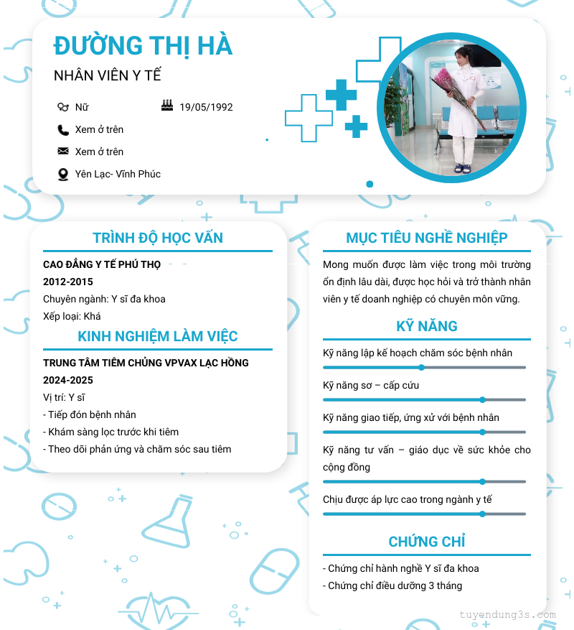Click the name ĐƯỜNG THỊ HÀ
(x=143, y=45)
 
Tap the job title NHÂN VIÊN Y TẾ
(x=107, y=75)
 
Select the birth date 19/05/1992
(x=206, y=107)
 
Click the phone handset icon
(x=63, y=130)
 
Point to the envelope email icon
(x=63, y=152)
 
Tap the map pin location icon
(x=63, y=174)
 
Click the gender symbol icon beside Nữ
(x=63, y=107)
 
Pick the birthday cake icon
(x=167, y=106)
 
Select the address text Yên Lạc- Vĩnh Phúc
(x=118, y=174)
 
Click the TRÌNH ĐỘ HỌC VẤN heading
(x=158, y=238)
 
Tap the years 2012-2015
(x=68, y=282)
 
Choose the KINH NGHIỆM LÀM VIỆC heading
(x=158, y=336)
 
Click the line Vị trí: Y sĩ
(x=64, y=397)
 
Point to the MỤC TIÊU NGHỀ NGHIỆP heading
(x=427, y=238)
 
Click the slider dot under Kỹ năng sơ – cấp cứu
(x=482, y=399)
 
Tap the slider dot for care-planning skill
(x=422, y=367)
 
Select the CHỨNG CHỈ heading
(x=427, y=542)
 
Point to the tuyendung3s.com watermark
(x=507, y=615)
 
